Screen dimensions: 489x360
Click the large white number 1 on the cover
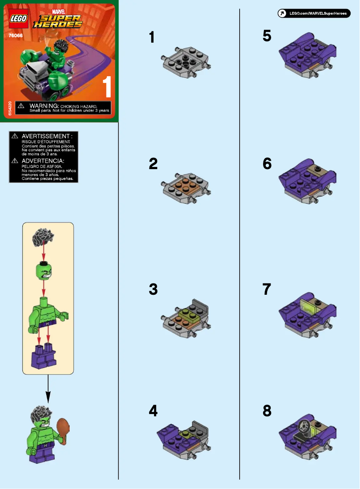click(107, 87)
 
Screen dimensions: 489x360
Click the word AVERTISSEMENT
click(47, 136)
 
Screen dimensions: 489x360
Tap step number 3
click(153, 290)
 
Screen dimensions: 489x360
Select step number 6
click(267, 164)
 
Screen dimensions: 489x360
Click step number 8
click(267, 411)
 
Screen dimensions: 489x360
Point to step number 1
click(153, 37)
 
